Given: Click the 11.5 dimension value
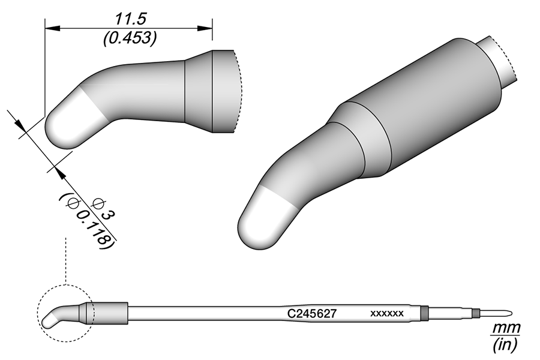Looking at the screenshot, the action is [131, 19].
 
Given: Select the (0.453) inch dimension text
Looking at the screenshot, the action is [130, 38].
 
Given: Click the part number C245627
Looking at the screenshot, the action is [311, 313].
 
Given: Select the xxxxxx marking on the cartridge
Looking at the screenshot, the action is [387, 313].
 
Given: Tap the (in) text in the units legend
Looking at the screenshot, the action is [505, 344].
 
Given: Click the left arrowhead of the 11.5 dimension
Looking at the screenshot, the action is [53, 28].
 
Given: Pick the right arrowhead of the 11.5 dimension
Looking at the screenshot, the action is [205, 28].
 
